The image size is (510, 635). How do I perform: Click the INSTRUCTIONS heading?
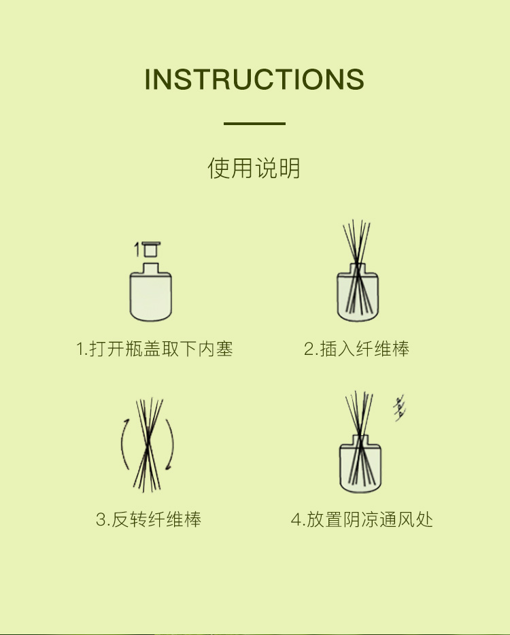254,79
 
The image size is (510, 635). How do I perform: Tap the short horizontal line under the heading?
254,123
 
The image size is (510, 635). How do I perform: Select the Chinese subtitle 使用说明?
254,168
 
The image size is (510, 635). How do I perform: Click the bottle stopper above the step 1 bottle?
152,249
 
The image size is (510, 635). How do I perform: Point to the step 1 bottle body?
151,296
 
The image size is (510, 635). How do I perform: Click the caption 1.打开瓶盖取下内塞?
154,349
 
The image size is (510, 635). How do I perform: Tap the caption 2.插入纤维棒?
356,349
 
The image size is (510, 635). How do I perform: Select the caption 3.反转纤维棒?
149,519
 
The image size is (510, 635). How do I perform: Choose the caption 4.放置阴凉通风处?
362,519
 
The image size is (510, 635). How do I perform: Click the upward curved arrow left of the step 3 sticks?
122,443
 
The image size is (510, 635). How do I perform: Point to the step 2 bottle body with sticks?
358,296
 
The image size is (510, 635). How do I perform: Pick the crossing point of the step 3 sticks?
148,440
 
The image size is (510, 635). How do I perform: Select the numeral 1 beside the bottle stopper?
137,250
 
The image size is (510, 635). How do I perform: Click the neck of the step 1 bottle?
151,268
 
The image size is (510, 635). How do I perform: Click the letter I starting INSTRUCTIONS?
148,79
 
